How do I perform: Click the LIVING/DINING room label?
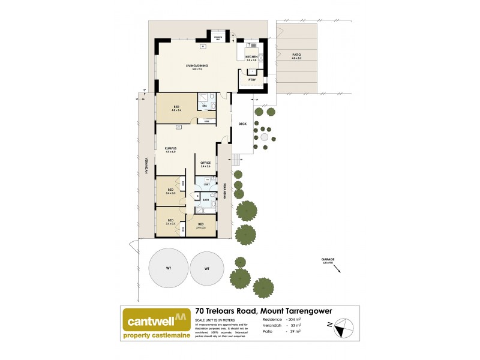(192, 68)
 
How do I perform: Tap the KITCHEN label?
(251, 57)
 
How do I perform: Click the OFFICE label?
(205, 163)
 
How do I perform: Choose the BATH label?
(205, 200)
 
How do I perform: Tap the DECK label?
(242, 124)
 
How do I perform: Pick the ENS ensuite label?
(204, 106)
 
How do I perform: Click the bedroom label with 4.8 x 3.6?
(176, 109)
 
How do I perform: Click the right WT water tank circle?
(207, 269)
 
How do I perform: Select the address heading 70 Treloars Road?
(264, 311)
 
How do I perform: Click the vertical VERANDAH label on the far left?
(145, 166)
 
